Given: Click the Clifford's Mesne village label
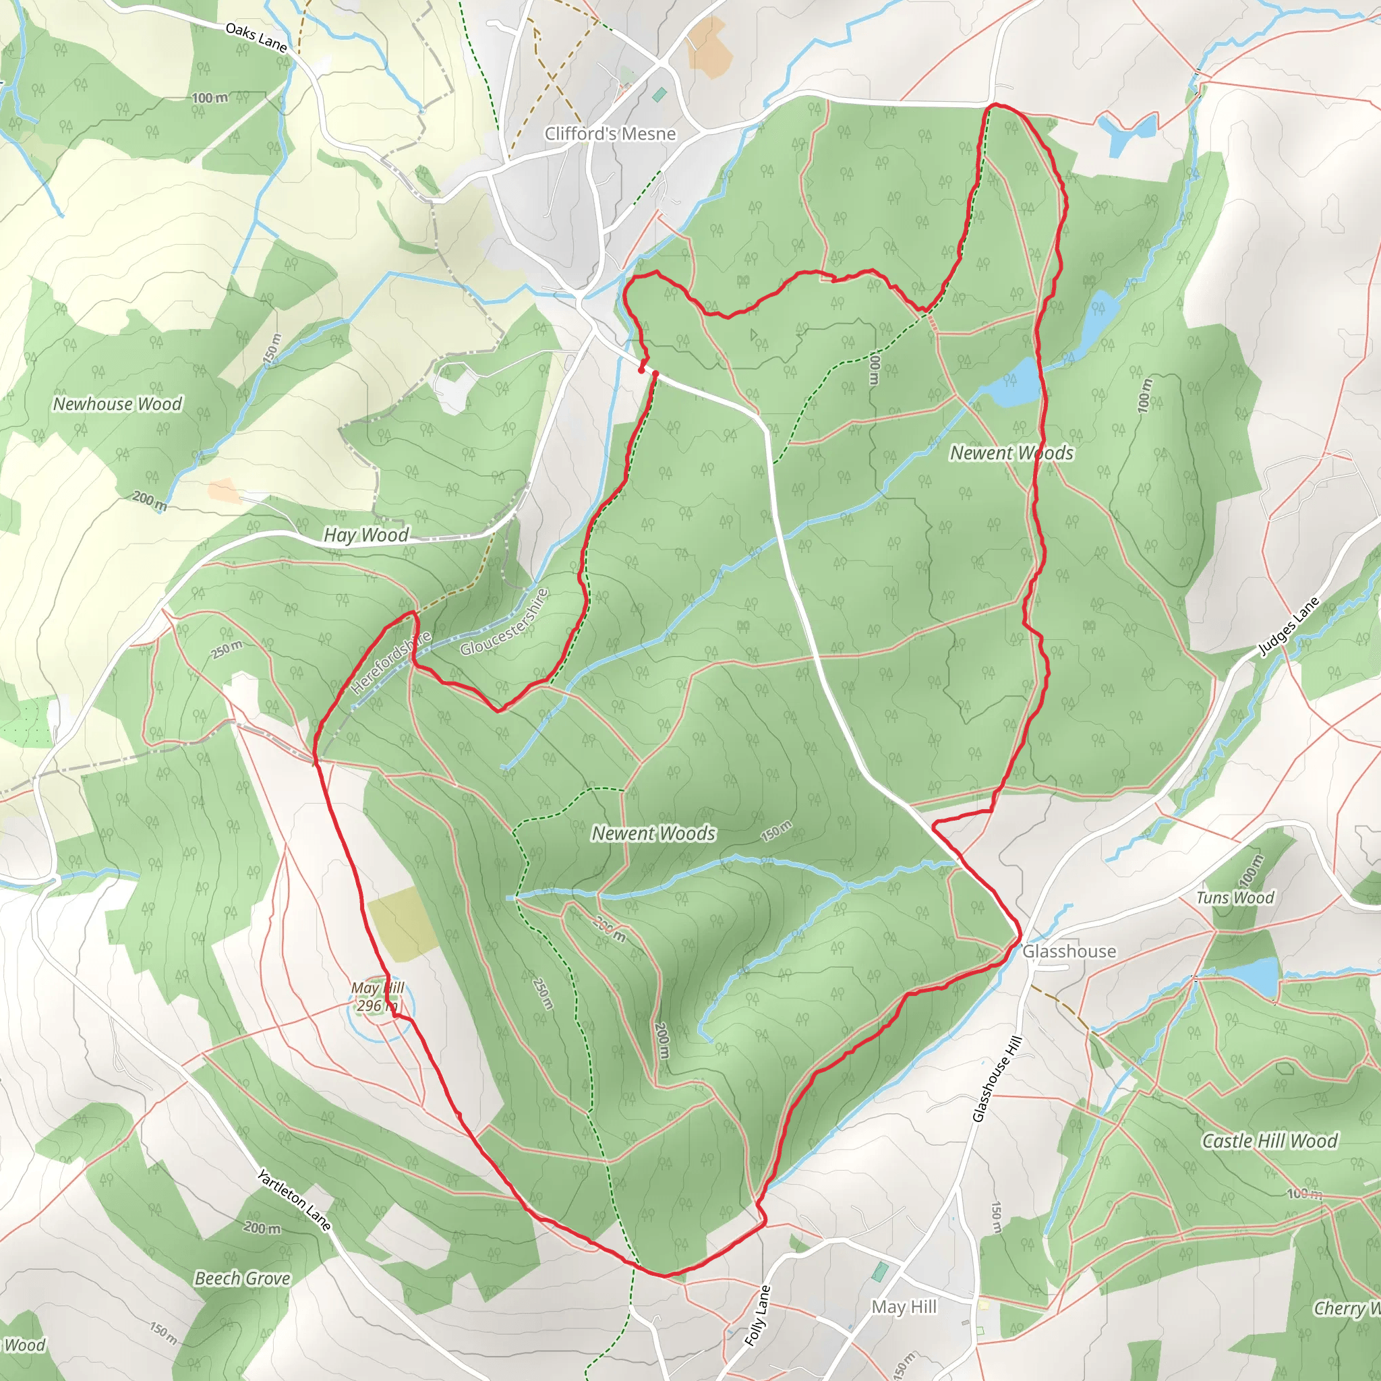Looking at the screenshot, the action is pos(610,134).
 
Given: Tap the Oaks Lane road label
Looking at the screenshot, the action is pos(256,38).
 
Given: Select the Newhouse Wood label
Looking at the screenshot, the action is pos(118,404).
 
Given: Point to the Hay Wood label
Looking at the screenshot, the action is pos(366,535).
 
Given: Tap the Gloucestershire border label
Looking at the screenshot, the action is pos(504,622).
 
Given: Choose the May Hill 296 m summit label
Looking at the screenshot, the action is pos(378,997).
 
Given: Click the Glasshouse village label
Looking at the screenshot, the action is pos(1069,951).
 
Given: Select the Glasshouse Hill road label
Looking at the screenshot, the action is pos(997,1079).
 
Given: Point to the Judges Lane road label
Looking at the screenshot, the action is pos(1288,626).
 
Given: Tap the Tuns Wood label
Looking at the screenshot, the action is pos(1235,898).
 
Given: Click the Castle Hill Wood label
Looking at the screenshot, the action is pos(1269,1141).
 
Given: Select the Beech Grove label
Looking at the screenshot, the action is pos(242,1278).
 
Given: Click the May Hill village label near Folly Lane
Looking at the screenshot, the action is pos(904,1307).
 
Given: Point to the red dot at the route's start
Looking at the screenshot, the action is pos(641,370).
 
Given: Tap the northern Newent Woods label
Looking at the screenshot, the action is pos(1011,453).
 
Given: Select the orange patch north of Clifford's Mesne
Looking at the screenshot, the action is pos(709,47).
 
